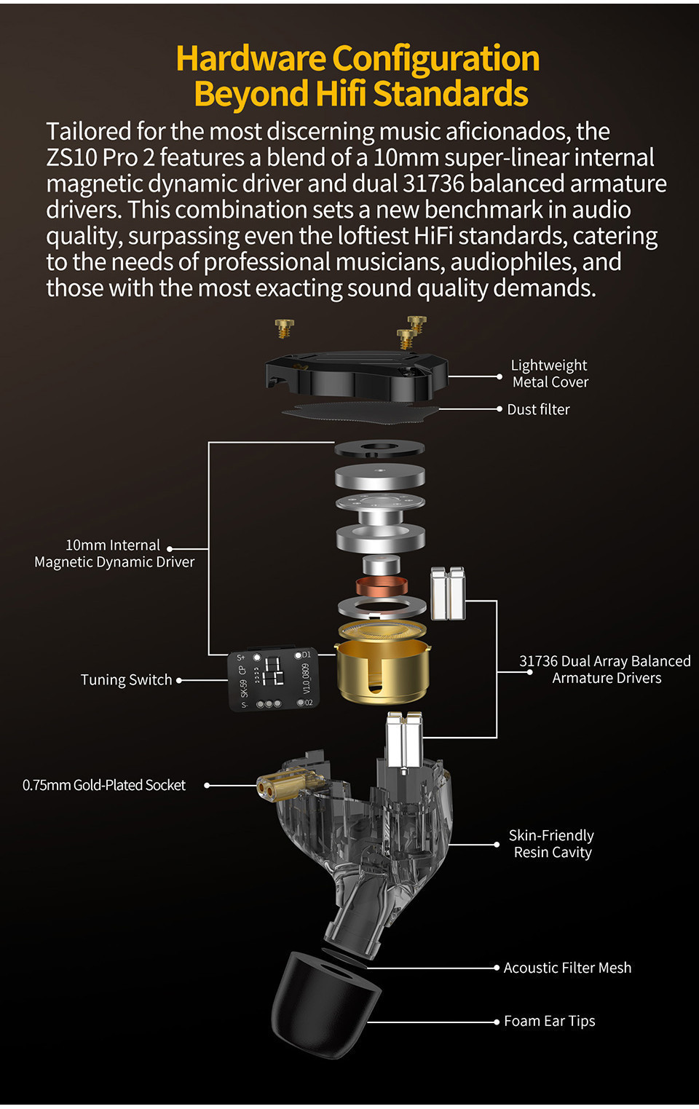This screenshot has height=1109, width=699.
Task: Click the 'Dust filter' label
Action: coord(538,409)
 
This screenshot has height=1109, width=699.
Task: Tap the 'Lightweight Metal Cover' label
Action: coord(550,374)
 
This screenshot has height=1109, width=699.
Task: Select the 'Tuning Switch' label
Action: coord(126,680)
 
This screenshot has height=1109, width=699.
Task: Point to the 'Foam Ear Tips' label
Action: coord(550,1021)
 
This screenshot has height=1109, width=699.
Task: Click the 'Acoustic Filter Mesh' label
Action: coord(567,968)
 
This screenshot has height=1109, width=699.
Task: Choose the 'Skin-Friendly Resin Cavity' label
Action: coord(551,844)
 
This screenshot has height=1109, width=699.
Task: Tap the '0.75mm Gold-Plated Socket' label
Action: coord(104,785)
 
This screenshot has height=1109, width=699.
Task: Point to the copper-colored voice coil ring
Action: coord(382,585)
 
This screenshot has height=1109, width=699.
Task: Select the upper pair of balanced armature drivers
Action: coord(448,593)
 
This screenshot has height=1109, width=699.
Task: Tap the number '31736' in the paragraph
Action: coord(434,183)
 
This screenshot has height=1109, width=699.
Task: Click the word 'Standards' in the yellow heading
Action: coord(451,94)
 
